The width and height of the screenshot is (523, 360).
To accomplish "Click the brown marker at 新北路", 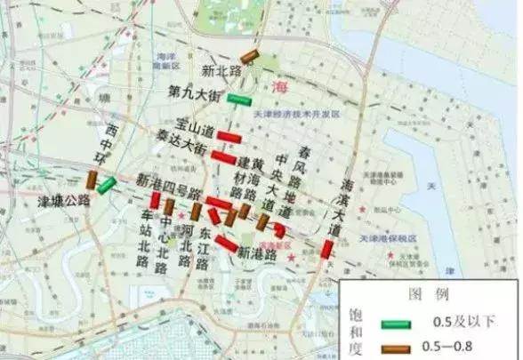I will point(249,57).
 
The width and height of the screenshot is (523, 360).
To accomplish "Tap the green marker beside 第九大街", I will point(238,98).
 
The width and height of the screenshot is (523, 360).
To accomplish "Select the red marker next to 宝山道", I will point(232,135).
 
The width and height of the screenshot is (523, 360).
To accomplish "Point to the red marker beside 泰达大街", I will point(223,157).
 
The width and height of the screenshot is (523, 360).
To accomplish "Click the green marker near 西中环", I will point(106,185).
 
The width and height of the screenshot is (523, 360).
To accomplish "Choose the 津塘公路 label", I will point(67,199).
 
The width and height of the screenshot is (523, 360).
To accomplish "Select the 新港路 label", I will point(257,252).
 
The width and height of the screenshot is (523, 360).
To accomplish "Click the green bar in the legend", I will point(398,322).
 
